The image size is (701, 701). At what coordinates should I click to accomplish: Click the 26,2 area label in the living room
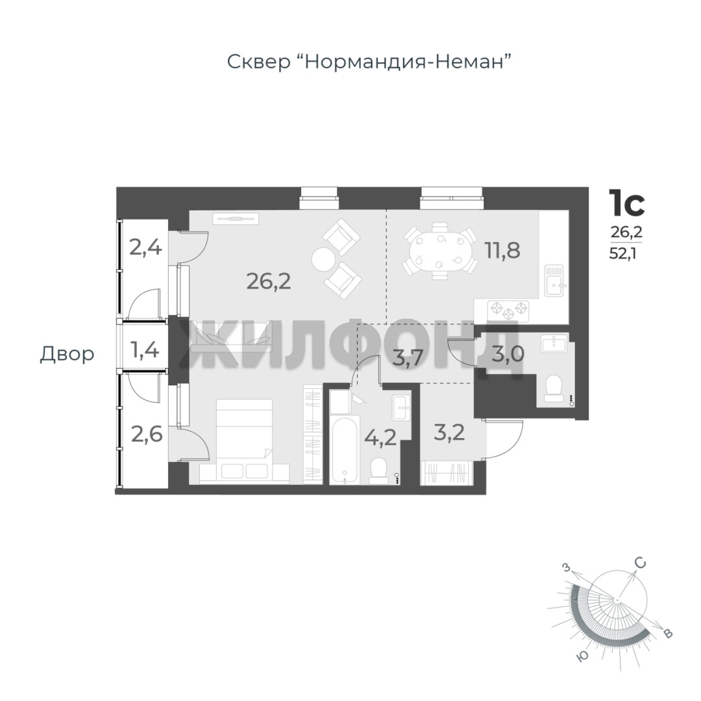point(269,281)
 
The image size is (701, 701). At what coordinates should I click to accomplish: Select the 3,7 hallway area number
point(408,358)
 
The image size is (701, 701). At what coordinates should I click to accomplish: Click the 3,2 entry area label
point(449,432)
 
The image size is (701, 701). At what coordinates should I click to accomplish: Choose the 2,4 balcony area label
point(145,247)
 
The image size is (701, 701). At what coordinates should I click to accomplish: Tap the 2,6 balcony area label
point(147,434)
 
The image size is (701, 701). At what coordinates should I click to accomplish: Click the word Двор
point(67,354)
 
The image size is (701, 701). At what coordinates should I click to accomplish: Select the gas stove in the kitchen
point(508,311)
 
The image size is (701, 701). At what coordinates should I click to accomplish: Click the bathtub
point(345,450)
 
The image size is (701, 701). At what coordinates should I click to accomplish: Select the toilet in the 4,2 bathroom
point(379,471)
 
